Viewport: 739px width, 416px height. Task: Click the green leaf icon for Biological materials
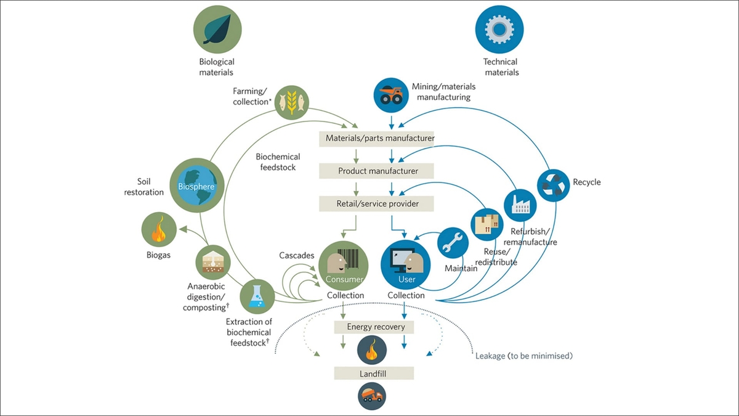coord(217,29)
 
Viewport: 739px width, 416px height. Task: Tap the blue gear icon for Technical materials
coord(499,29)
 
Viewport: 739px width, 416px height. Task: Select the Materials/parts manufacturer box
coord(376,138)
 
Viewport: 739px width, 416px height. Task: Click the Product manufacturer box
coord(376,171)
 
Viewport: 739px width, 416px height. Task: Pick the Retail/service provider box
coord(376,204)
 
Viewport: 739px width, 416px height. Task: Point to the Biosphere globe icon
coord(197,186)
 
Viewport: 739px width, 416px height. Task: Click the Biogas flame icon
coord(159,229)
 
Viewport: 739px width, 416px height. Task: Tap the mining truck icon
coord(391,95)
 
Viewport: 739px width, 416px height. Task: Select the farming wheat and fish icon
coord(292,103)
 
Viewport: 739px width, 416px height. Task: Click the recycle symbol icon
coord(553,186)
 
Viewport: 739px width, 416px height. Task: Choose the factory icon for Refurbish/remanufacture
coord(520,205)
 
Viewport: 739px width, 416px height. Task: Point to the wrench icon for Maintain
coord(453,243)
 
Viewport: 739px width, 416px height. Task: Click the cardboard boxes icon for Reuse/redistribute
coord(487,224)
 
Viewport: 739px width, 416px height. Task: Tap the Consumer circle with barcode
coord(344,266)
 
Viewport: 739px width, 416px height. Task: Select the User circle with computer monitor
coord(405,265)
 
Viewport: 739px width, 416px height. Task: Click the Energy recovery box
coord(374,327)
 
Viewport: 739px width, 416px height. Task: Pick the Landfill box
coord(374,373)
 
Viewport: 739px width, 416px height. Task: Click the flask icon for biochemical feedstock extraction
coord(257,296)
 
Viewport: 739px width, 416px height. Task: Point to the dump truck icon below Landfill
coord(372,396)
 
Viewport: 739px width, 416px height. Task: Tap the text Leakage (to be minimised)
coord(524,356)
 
